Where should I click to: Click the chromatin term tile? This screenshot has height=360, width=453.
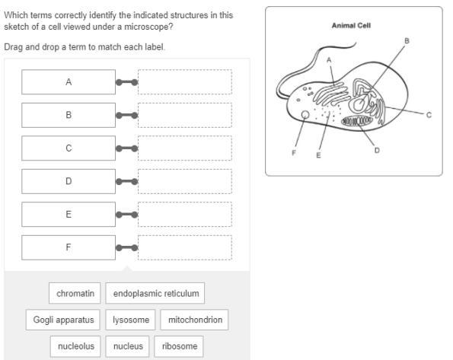pyautogui.click(x=75, y=293)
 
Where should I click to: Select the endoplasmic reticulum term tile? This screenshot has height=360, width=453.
pyautogui.click(x=155, y=293)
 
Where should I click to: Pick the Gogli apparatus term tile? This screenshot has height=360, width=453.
pyautogui.click(x=63, y=320)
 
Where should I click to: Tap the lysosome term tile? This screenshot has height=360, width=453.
pyautogui.click(x=131, y=320)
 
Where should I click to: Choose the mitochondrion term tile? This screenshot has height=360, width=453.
pyautogui.click(x=194, y=320)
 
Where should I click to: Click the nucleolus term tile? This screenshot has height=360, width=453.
pyautogui.click(x=75, y=346)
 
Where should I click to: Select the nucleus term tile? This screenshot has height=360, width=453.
pyautogui.click(x=128, y=346)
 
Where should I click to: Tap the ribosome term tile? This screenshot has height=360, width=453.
pyautogui.click(x=179, y=346)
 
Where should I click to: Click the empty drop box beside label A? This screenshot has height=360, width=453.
pyautogui.click(x=185, y=82)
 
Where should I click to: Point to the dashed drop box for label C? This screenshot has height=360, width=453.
pyautogui.click(x=185, y=148)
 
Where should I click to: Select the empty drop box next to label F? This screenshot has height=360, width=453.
pyautogui.click(x=185, y=247)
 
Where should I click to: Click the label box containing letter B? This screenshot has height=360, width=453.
pyautogui.click(x=69, y=115)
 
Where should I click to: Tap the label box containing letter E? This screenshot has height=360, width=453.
pyautogui.click(x=69, y=215)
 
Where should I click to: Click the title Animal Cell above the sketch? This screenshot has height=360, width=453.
pyautogui.click(x=351, y=26)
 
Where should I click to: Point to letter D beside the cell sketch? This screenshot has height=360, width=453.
pyautogui.click(x=377, y=150)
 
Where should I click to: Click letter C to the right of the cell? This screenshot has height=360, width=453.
pyautogui.click(x=429, y=115)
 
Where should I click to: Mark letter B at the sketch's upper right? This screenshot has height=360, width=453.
pyautogui.click(x=407, y=41)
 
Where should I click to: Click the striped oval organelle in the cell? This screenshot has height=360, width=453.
pyautogui.click(x=357, y=121)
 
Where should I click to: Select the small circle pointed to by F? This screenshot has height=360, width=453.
pyautogui.click(x=305, y=115)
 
